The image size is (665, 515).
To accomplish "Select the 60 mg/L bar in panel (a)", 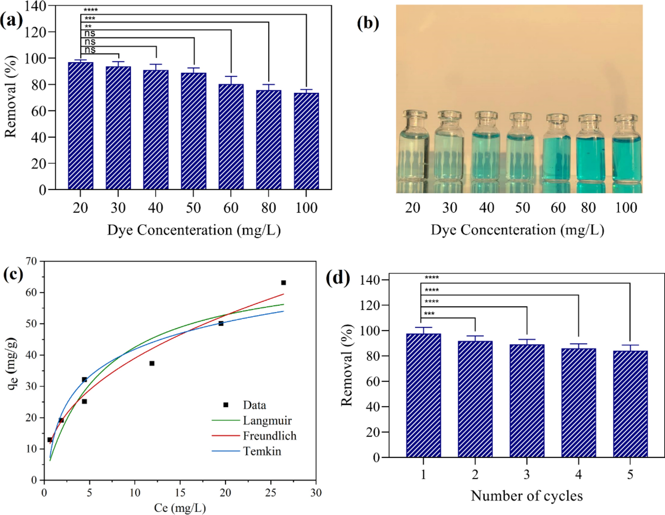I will tap(231, 136).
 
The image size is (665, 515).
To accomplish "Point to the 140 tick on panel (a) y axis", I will tap(36, 6).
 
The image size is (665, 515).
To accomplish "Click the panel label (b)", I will tap(367, 23).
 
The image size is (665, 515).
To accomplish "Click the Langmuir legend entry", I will tap(267, 420).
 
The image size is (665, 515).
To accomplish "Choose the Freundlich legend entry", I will tap(269, 436).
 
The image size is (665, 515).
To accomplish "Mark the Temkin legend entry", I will tap(262, 451).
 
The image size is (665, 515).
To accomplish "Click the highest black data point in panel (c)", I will tap(283, 283).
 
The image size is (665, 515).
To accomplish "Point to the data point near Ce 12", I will tap(152, 363).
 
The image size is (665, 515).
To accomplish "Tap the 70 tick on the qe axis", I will tap(31, 261).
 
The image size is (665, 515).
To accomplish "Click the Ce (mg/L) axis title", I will tap(180, 508).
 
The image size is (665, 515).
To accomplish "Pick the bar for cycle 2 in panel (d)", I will tap(475, 399).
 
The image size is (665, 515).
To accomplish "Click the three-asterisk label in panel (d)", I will tap(429, 314).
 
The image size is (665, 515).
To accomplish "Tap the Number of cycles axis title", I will tap(527, 496).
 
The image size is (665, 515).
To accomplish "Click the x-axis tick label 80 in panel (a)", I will tap(269, 208).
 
